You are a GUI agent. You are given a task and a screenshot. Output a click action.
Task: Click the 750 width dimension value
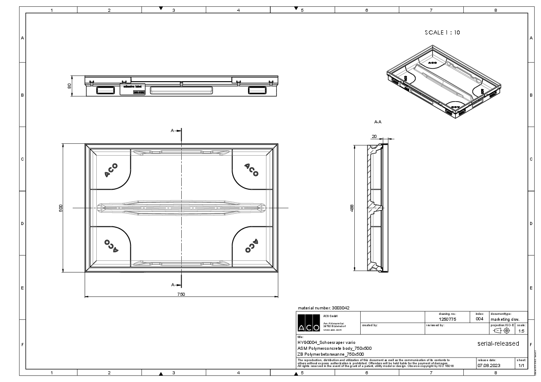tap(181, 294)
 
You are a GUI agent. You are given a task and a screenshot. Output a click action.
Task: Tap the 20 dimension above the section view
tap(374, 136)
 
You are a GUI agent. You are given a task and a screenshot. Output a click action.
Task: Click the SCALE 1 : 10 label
tap(442, 33)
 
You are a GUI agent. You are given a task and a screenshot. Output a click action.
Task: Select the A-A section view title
tap(377, 122)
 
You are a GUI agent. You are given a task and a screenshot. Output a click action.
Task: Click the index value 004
tap(479, 319)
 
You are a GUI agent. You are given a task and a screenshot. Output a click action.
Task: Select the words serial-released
tap(498, 343)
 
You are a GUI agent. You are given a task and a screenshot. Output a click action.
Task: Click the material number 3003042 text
tap(323, 308)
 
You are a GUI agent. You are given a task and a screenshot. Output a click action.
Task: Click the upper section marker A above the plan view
tap(173, 131)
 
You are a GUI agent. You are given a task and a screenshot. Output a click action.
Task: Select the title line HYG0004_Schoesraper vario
tap(323, 342)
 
